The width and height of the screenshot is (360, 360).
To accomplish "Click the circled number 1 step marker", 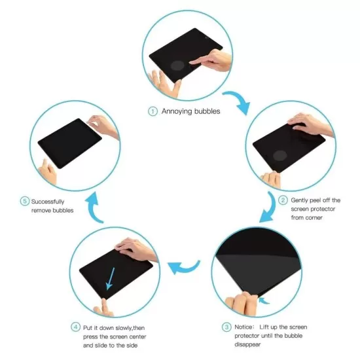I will point(153,111).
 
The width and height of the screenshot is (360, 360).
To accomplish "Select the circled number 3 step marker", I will point(226,327).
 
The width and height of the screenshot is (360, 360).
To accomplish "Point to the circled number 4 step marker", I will point(76,327).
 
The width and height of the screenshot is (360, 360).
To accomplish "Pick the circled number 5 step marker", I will point(25,201).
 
